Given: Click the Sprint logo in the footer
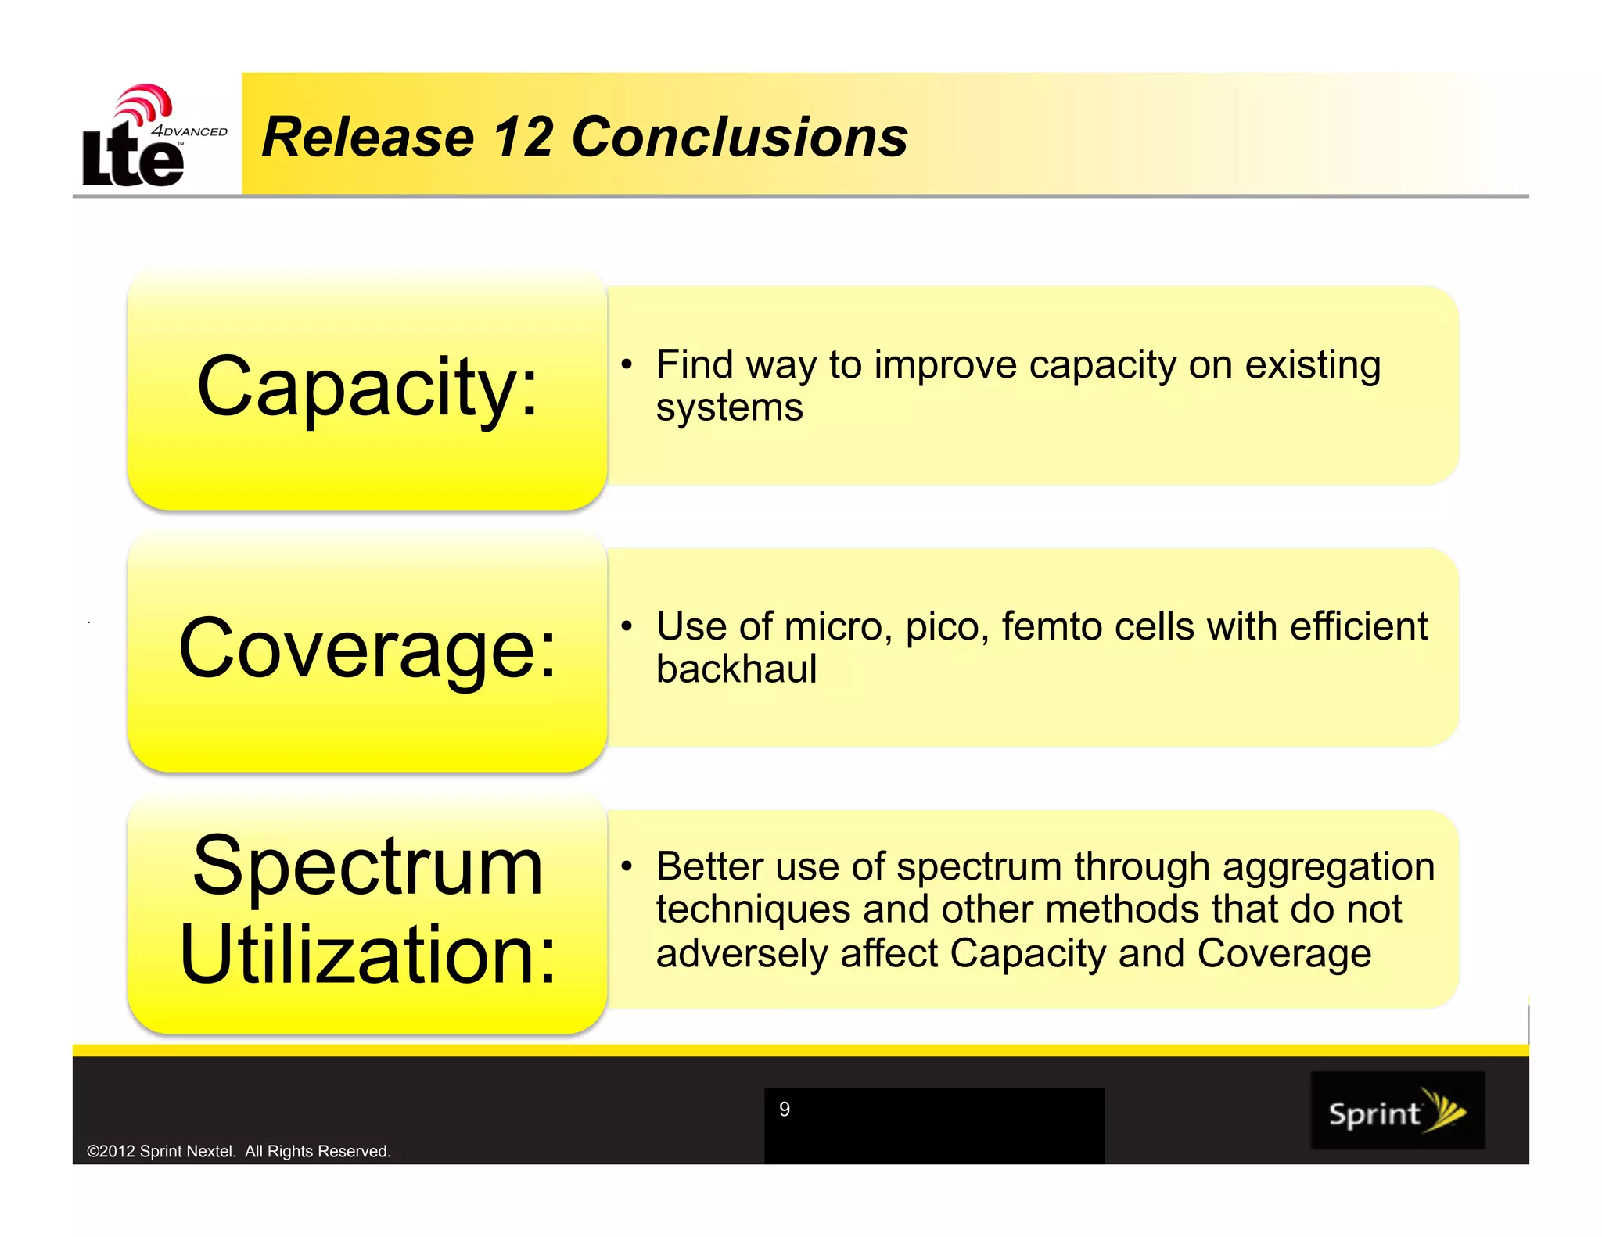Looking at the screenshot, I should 1397,1110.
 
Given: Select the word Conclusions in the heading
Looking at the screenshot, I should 739,137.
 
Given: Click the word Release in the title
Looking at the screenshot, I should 368,137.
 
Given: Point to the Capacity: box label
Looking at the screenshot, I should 368,387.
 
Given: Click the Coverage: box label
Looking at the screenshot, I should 368,648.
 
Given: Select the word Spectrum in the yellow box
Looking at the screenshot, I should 368,866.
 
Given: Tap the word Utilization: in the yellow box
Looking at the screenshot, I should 368,954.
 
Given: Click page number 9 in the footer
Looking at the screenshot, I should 785,1109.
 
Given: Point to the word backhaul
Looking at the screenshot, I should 736,669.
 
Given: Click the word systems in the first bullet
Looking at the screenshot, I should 729,408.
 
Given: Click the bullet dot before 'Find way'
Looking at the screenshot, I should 626,364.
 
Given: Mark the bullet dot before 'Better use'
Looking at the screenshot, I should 626,866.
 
